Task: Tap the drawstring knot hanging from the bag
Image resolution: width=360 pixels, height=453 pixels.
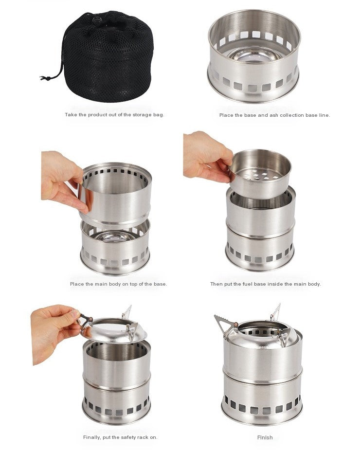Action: tap(44, 78)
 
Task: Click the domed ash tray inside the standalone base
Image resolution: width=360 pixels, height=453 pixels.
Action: tap(254, 55)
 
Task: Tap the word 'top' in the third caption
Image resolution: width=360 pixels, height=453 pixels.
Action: tap(133, 284)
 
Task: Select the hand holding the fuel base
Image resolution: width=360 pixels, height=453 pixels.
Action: tap(207, 158)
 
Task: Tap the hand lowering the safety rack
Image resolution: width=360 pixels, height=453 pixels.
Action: tap(54, 332)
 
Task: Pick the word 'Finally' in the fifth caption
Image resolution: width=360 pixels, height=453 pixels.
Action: tap(92, 437)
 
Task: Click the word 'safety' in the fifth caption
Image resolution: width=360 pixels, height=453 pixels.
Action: tap(128, 437)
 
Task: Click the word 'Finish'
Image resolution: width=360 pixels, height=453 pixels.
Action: tap(265, 437)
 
